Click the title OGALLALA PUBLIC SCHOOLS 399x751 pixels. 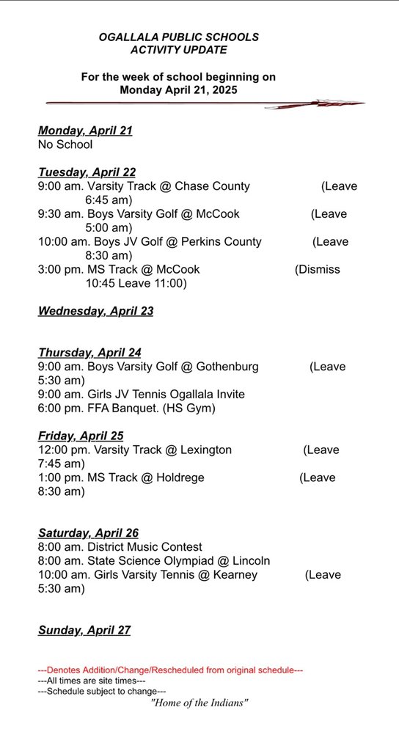(x=179, y=37)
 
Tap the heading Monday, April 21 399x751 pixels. (x=85, y=131)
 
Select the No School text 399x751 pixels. (x=65, y=145)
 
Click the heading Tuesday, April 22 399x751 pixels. (x=87, y=173)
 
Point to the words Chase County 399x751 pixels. (x=212, y=186)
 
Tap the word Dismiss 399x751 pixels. (x=317, y=269)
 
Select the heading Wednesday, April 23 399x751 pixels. (x=95, y=311)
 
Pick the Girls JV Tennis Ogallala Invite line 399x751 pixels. (x=142, y=394)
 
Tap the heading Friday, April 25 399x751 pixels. (x=81, y=436)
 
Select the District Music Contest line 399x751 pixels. (x=120, y=547)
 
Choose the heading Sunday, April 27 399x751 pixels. (x=84, y=630)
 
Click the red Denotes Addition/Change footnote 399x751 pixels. (x=170, y=670)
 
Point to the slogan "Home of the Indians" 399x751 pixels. (x=199, y=703)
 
